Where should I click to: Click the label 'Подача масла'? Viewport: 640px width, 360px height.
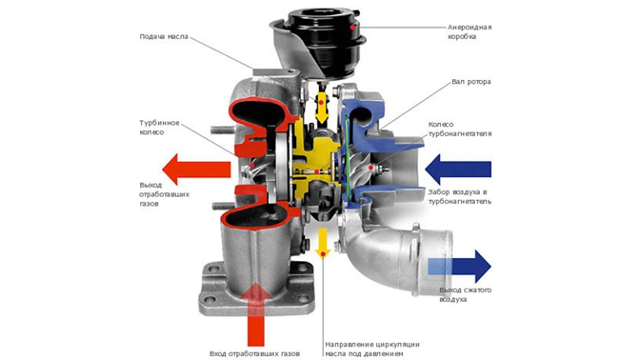click(164, 37)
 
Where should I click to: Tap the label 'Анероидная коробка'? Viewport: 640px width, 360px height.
click(470, 31)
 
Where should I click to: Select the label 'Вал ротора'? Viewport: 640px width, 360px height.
click(471, 82)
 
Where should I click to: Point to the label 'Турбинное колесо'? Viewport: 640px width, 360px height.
click(159, 128)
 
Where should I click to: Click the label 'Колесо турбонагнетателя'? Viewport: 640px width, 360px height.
click(460, 129)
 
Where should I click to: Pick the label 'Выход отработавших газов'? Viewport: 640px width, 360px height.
click(164, 194)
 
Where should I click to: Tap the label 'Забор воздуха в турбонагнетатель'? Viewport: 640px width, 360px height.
click(460, 196)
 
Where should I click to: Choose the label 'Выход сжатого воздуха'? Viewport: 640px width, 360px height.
click(466, 294)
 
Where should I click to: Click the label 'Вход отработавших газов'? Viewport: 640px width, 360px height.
click(254, 353)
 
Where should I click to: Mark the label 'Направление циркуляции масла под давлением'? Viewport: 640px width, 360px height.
click(372, 349)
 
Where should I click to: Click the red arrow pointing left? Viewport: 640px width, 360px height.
click(197, 169)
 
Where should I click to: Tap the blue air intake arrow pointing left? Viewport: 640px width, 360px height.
click(458, 169)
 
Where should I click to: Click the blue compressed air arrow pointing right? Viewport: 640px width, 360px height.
click(460, 267)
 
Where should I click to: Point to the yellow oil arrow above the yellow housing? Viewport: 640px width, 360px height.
click(322, 107)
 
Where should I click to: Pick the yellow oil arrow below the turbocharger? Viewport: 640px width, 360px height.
click(323, 243)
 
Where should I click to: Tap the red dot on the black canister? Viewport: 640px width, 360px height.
click(352, 28)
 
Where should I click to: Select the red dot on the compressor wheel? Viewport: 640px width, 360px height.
click(370, 168)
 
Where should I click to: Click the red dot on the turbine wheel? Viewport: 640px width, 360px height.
click(252, 166)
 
